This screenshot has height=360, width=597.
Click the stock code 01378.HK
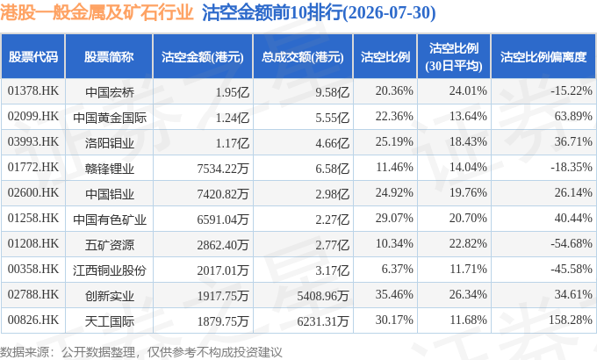pyautogui.click(x=33, y=90)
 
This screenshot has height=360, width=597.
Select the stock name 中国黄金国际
pyautogui.click(x=110, y=118)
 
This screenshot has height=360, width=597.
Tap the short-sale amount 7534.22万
pyautogui.click(x=223, y=168)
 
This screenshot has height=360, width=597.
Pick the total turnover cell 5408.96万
pyautogui.click(x=323, y=296)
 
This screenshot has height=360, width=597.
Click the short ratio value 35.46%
pyautogui.click(x=394, y=294)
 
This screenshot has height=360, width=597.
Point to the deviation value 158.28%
pyautogui.click(x=571, y=320)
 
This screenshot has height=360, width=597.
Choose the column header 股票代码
pyautogui.click(x=33, y=57)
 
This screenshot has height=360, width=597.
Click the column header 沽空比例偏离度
pyautogui.click(x=543, y=57)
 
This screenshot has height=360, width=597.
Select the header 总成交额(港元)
pyautogui.click(x=303, y=57)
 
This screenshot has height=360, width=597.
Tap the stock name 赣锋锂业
pyautogui.click(x=110, y=169)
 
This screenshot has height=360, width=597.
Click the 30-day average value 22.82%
pyautogui.click(x=468, y=243)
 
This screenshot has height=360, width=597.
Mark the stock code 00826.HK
pyautogui.click(x=33, y=320)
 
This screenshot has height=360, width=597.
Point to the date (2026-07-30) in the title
pyautogui.click(x=390, y=12)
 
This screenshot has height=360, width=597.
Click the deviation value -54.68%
pyautogui.click(x=572, y=243)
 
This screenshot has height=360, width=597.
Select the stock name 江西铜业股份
pyautogui.click(x=110, y=270)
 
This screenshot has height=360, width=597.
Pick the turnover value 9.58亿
pyautogui.click(x=332, y=92)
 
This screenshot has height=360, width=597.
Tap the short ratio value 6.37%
pyautogui.click(x=397, y=269)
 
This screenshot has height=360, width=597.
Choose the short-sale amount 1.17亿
pyautogui.click(x=233, y=143)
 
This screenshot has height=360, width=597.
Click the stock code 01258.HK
pyautogui.click(x=33, y=218)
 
